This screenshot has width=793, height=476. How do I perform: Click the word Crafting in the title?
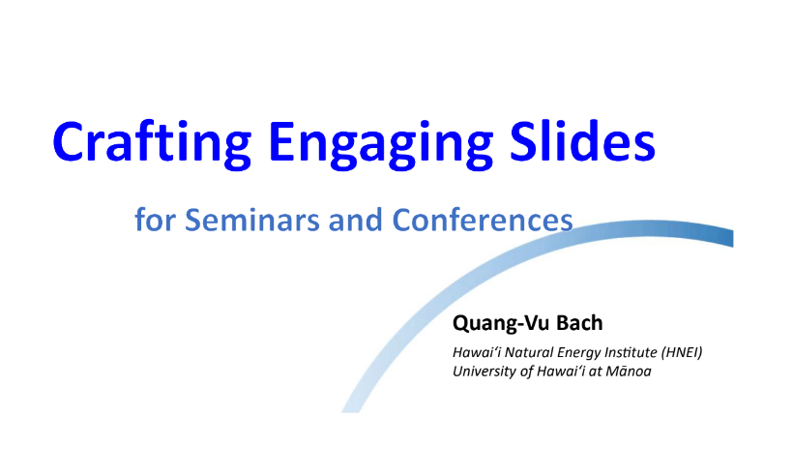[x=152, y=143]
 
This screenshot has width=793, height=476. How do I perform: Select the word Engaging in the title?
[x=380, y=143]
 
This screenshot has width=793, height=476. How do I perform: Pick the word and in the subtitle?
[x=355, y=220]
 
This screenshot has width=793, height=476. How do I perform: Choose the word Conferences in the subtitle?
[x=483, y=220]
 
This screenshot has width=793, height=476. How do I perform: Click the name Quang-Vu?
[x=498, y=323]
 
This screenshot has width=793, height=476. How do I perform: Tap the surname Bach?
[x=579, y=323]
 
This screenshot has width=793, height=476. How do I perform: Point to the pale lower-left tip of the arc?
[x=350, y=409]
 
